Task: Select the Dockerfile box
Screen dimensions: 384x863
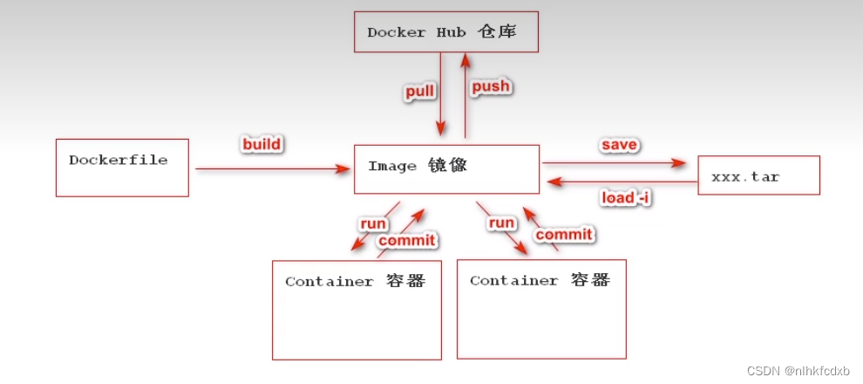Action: coord(122,167)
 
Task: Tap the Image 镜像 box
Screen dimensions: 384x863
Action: coord(446,168)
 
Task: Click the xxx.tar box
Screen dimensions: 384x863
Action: coord(758,175)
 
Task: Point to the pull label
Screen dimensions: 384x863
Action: coord(419,92)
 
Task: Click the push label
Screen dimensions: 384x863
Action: coord(490,86)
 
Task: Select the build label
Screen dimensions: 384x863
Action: coord(262,143)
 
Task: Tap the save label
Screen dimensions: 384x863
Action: coord(618,143)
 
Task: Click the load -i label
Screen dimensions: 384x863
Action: coord(626,198)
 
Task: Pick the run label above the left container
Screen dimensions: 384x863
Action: coord(373,223)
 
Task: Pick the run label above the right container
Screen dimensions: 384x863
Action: coord(501,223)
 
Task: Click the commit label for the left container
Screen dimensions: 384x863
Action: coord(407,240)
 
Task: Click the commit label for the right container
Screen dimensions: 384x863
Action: coord(563,234)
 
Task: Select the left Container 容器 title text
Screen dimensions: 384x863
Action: coord(355,282)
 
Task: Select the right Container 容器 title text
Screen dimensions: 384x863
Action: coord(540,280)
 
